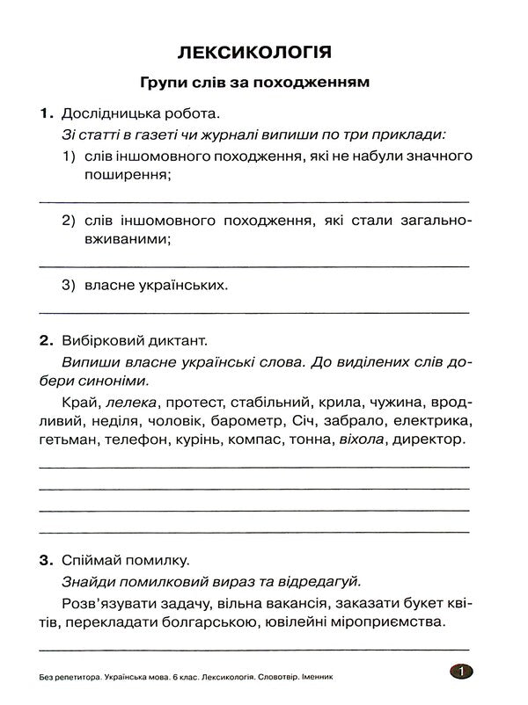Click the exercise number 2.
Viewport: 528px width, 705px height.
(x=46, y=338)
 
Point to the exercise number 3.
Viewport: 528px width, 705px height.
(x=46, y=559)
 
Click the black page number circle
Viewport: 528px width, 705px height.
(x=460, y=673)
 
